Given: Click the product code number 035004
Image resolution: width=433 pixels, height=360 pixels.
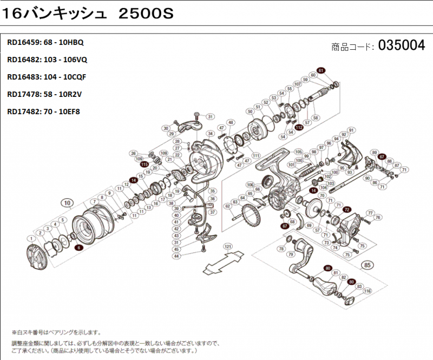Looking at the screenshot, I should pyautogui.click(x=402, y=45).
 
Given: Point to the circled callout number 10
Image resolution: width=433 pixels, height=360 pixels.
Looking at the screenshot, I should pyautogui.click(x=67, y=204).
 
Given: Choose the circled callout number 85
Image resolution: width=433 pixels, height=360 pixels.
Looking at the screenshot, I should pyautogui.click(x=368, y=265).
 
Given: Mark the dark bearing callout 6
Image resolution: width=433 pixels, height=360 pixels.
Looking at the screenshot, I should pyautogui.click(x=79, y=247).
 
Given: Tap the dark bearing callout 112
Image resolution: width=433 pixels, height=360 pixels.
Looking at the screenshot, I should pyautogui.click(x=299, y=127).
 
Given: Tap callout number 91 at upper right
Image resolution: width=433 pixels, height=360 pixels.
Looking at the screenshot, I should pyautogui.click(x=351, y=130).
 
